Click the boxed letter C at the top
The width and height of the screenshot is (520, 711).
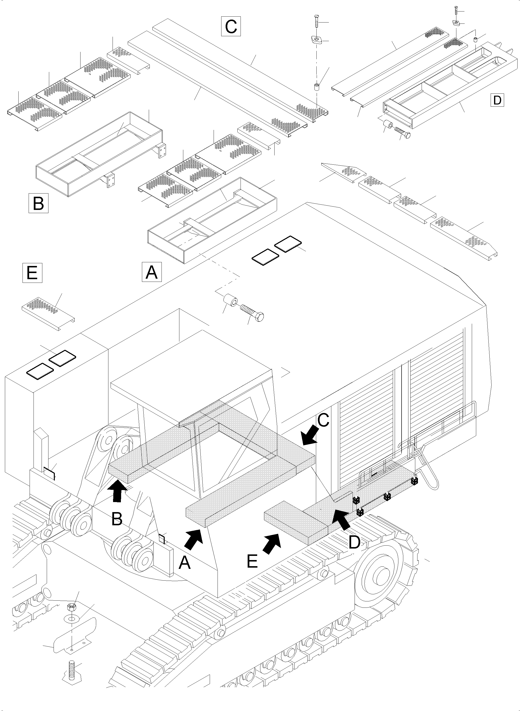click(231, 26)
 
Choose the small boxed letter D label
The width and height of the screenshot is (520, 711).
click(497, 100)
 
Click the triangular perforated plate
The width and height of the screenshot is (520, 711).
click(345, 172)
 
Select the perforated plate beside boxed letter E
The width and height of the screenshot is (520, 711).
click(48, 312)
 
